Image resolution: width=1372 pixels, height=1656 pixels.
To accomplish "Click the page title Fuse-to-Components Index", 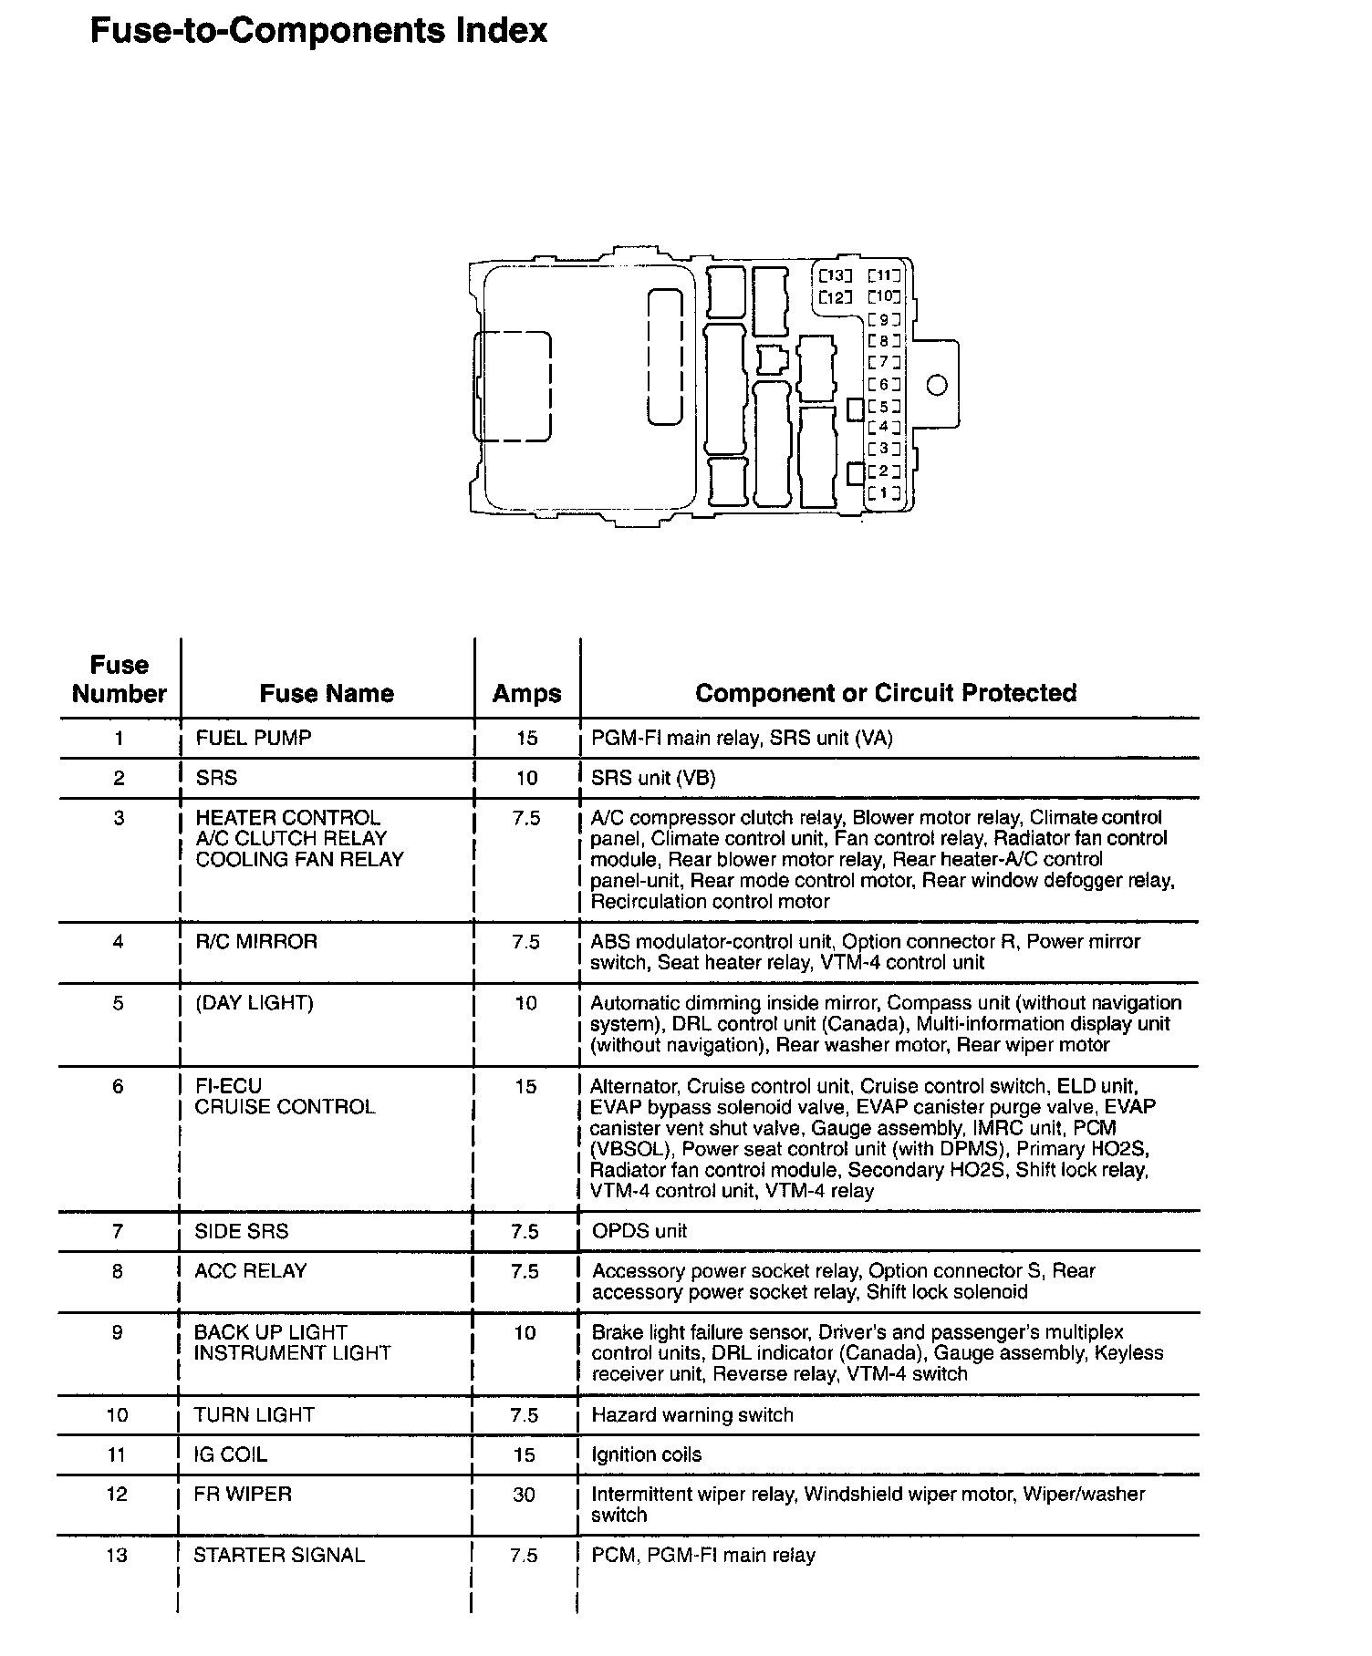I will pos(318,31).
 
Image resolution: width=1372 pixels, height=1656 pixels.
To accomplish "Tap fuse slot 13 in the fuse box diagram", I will pos(835,275).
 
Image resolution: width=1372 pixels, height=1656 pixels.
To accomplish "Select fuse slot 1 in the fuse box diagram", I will pos(884,493).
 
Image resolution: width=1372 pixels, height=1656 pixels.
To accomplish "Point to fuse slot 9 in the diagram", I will pos(884,319).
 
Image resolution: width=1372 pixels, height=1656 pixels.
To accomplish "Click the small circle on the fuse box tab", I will pos(937,385).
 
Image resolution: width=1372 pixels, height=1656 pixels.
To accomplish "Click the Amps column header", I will pos(526,693).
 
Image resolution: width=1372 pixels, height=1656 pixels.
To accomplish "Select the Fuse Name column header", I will pos(327,693).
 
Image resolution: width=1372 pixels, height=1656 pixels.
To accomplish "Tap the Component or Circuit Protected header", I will pos(885,693).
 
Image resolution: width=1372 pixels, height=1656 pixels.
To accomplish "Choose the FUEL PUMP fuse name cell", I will pos(253,738).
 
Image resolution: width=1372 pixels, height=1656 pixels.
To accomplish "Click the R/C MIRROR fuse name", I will pos(256,941).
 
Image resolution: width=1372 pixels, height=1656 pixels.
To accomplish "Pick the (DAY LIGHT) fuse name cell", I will pos(254,1003).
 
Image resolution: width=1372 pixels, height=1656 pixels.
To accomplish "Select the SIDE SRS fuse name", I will pos(241,1231).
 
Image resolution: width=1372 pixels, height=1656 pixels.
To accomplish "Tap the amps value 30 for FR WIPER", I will pos(524,1495).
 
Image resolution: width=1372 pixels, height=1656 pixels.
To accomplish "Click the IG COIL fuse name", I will pos(230,1454).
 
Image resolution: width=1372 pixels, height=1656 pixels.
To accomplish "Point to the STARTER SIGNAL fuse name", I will pos(278,1555).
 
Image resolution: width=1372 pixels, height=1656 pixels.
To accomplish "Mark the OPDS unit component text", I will pos(639,1231).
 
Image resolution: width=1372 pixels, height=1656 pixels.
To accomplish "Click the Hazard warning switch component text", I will pos(692,1414).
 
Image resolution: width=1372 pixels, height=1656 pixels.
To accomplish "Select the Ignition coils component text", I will pos(646,1454).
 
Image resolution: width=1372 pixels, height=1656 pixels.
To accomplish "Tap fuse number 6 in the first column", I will pos(118,1086).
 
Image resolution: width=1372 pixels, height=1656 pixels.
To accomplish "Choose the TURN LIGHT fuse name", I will pos(254,1414).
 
